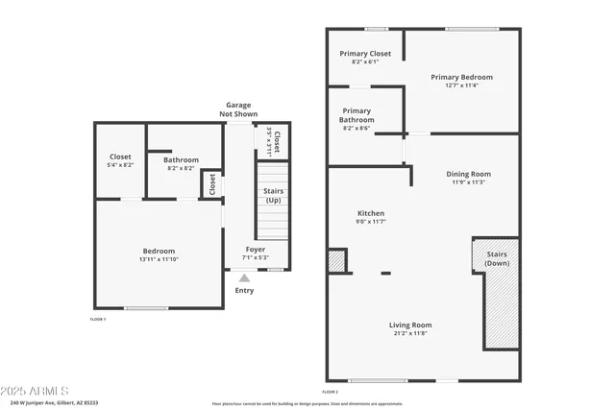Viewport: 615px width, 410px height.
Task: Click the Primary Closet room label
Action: tap(365, 54)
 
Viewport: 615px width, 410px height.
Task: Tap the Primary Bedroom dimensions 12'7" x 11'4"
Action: tap(461, 85)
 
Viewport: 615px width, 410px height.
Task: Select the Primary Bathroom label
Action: tap(357, 115)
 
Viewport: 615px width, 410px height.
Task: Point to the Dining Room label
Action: tap(467, 174)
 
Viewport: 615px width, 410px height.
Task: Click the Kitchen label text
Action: tap(371, 213)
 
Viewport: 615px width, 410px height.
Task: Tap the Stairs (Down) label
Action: tap(497, 258)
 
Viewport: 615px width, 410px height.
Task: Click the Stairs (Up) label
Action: tap(273, 196)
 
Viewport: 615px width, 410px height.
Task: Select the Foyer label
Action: tap(255, 250)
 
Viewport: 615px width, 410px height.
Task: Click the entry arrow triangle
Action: tap(244, 278)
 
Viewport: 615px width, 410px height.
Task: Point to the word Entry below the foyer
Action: tap(245, 291)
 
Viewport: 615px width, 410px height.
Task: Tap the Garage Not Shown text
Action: tap(240, 109)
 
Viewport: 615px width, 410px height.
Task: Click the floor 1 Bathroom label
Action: tap(181, 160)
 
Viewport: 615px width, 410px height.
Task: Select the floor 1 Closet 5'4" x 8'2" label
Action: tap(120, 160)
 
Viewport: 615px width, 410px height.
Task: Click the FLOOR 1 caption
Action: tap(98, 319)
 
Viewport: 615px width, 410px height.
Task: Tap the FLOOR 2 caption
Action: tap(331, 392)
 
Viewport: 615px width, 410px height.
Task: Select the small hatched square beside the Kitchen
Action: tap(336, 261)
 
